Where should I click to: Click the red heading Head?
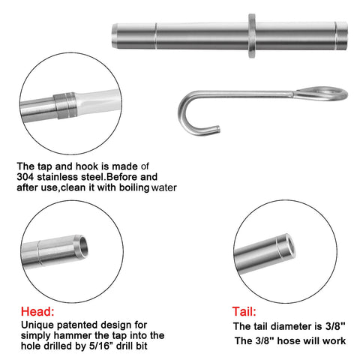click(x=37, y=311)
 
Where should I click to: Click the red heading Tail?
click(x=244, y=312)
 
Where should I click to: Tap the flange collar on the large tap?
click(x=252, y=36)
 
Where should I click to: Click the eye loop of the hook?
click(x=322, y=94)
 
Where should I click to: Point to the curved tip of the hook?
click(x=217, y=129)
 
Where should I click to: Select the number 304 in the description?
click(x=25, y=177)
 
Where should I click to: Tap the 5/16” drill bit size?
click(x=102, y=346)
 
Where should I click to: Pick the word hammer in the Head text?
click(x=73, y=335)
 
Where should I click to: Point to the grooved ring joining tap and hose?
click(x=65, y=106)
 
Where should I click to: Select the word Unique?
click(x=37, y=325)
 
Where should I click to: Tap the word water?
click(x=164, y=187)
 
